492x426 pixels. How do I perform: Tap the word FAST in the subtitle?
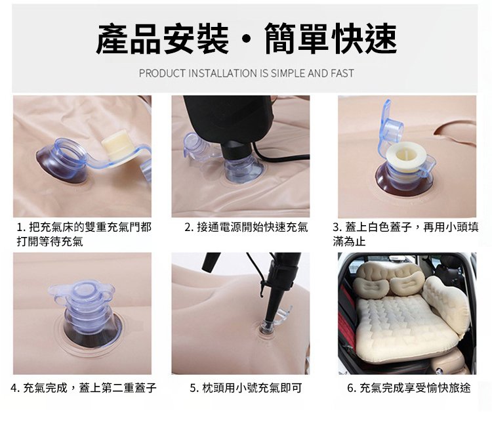pos(342,74)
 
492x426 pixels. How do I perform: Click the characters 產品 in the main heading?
pos(130,39)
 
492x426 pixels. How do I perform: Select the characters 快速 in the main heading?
pos(365,39)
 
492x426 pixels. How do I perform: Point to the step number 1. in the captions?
pos(21,227)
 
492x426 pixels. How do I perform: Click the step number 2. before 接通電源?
pos(189,227)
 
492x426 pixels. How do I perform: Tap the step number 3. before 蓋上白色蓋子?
pos(338,227)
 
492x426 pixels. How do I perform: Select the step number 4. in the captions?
pos(15,388)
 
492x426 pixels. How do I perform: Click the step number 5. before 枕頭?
pos(195,388)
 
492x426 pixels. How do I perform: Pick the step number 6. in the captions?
pos(352,388)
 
